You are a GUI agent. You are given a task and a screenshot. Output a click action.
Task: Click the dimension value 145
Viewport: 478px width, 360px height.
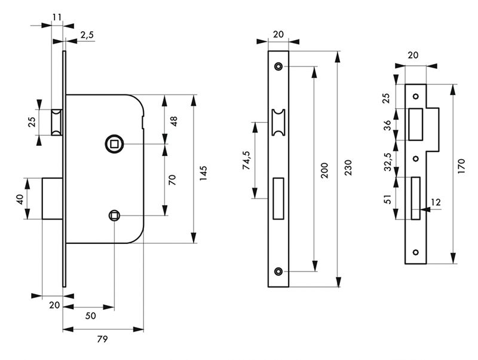(x=204, y=173)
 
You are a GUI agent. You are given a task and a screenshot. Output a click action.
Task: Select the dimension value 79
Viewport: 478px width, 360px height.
(x=102, y=340)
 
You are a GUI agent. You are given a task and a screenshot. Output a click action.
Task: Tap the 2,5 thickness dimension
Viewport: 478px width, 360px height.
(x=87, y=35)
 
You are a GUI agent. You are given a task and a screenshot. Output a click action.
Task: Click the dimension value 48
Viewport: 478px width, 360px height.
(x=174, y=121)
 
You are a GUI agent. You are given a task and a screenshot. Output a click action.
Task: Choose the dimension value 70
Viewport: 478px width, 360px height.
(x=173, y=179)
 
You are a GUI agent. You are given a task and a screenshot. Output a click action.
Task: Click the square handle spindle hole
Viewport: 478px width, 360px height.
(x=113, y=144)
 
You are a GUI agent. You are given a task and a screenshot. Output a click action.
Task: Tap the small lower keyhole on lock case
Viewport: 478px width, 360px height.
(x=114, y=215)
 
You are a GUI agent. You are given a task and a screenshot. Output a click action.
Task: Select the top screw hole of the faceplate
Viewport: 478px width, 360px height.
(x=278, y=66)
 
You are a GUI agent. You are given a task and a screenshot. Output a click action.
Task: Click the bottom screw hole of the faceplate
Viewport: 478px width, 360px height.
(x=278, y=271)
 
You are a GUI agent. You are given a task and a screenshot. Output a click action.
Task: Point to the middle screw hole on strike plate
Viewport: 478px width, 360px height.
(x=416, y=158)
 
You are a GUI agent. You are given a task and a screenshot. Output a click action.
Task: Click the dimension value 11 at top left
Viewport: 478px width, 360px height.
(x=57, y=16)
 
